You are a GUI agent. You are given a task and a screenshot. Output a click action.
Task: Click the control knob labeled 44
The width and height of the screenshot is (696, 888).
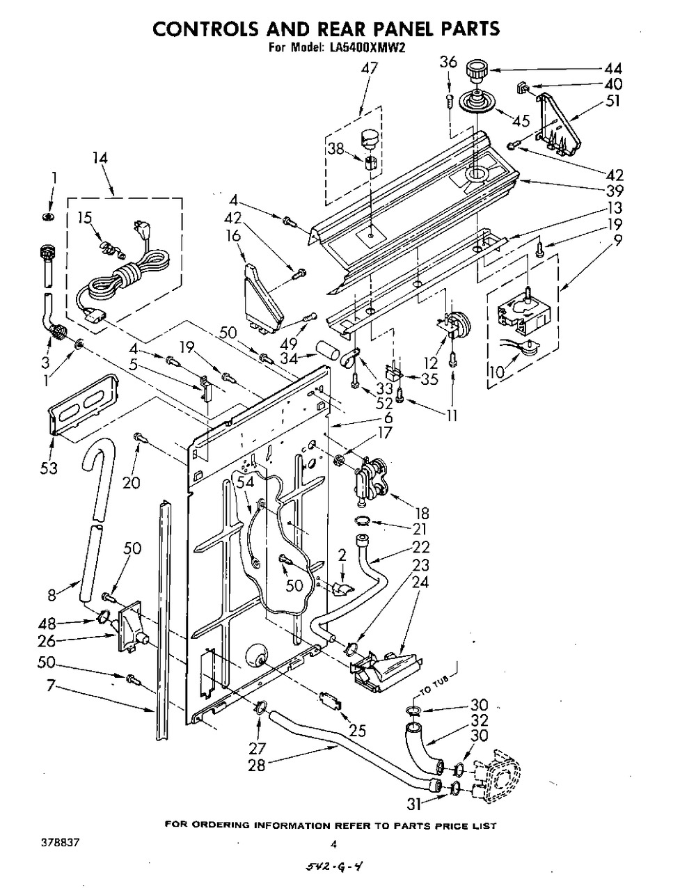476,72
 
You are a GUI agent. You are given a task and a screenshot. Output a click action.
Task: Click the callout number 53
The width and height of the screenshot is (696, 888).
49,468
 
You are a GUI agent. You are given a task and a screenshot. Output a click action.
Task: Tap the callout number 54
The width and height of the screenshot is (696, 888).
245,482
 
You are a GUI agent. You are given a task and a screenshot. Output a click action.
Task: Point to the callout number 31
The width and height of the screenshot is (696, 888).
416,804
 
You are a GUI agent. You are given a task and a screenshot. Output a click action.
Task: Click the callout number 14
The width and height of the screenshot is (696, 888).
100,158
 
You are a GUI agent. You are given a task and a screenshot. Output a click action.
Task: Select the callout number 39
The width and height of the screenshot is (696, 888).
615,191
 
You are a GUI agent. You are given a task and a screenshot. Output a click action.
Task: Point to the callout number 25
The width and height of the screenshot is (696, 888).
358,730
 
